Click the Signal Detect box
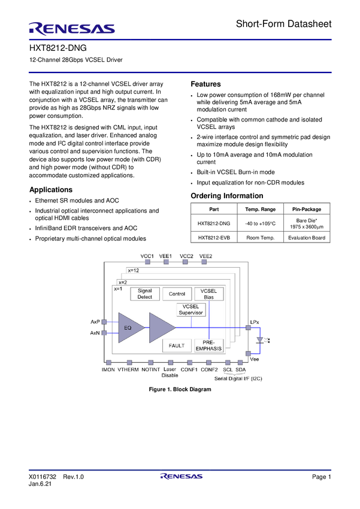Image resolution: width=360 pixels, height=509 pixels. (x=145, y=294)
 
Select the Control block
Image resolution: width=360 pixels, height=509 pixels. (x=177, y=294)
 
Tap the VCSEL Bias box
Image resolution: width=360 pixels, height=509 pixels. (x=208, y=294)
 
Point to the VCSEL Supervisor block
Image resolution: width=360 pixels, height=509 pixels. (x=191, y=310)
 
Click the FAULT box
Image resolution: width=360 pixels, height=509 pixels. (x=177, y=346)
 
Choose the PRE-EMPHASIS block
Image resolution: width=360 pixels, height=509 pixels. (x=208, y=346)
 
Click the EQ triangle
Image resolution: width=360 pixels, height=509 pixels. (x=129, y=328)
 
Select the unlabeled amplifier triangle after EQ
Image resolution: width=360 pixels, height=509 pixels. (x=160, y=328)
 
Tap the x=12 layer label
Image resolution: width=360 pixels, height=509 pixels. (x=134, y=271)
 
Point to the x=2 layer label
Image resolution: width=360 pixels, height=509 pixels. (x=123, y=282)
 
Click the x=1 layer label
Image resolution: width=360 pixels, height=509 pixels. (x=118, y=289)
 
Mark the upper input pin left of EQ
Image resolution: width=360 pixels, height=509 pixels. (x=104, y=322)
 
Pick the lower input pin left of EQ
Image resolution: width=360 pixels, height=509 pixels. (x=104, y=333)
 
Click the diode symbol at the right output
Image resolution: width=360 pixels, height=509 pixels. (x=259, y=340)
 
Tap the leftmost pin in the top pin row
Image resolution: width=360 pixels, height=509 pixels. (x=147, y=261)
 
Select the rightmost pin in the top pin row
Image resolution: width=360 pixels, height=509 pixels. (x=204, y=261)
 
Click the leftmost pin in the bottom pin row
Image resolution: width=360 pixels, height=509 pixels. (x=108, y=362)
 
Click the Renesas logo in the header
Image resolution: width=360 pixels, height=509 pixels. (x=72, y=28)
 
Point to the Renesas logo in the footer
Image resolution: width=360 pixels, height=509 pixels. (x=181, y=477)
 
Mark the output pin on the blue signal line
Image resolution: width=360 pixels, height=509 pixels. (x=247, y=328)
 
